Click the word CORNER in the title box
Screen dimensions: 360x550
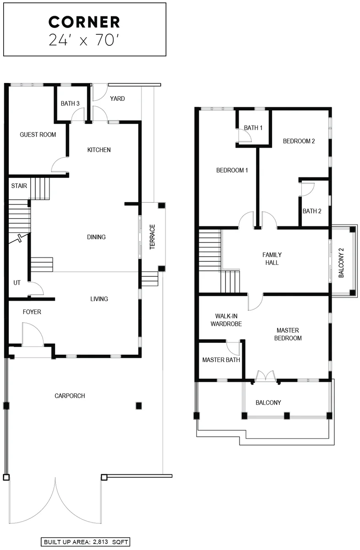84,22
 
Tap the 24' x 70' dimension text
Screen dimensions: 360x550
84,40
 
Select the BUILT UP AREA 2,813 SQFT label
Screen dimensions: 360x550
85,542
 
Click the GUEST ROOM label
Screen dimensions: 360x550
38,135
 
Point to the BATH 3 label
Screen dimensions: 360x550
70,104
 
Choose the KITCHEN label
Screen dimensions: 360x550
99,150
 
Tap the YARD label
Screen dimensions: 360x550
117,99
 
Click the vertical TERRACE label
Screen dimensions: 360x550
152,237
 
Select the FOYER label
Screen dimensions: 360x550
32,312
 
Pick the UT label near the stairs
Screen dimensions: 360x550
16,283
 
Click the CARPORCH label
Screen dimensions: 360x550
70,396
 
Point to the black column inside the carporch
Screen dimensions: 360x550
139,406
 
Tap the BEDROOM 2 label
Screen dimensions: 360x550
299,141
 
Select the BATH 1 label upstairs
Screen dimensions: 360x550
253,128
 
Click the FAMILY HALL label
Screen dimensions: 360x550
272,259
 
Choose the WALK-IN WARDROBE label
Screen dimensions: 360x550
226,320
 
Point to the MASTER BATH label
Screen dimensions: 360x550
221,360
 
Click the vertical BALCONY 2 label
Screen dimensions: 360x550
341,263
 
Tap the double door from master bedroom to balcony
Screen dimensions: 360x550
266,375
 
